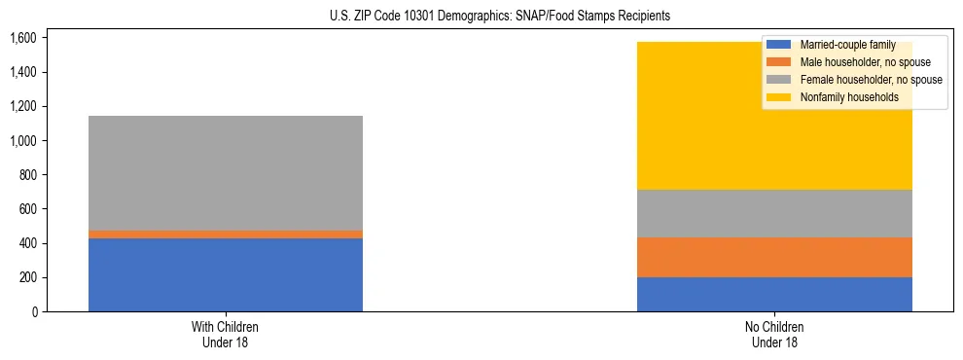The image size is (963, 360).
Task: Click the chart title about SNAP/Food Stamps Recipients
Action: [x=482, y=17]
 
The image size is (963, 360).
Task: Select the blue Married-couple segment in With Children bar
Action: [x=226, y=274]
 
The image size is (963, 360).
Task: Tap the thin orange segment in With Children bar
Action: [x=226, y=234]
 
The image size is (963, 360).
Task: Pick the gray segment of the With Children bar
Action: [x=226, y=173]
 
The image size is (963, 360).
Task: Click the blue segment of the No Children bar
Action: [x=774, y=294]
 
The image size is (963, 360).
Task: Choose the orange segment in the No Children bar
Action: [x=774, y=257]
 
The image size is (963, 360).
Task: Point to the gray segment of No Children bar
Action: [x=774, y=213]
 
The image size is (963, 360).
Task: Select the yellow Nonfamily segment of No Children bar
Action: [x=681, y=116]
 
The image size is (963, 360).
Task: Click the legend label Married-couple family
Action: [x=847, y=45]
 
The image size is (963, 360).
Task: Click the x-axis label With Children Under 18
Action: [x=226, y=335]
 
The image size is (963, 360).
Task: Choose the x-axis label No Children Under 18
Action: [x=774, y=335]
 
